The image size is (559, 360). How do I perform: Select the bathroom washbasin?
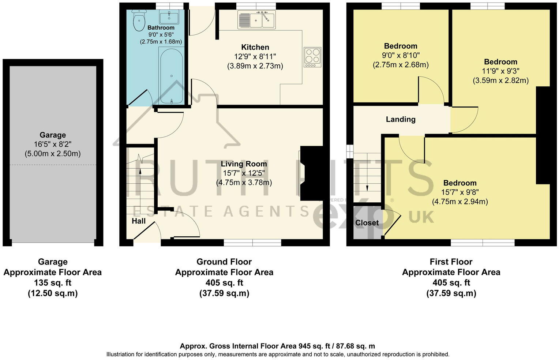(169, 17)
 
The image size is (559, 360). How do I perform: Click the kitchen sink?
(256, 19)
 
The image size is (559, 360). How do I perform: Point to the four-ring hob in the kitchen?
(312, 57)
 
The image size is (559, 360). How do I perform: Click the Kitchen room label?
(255, 47)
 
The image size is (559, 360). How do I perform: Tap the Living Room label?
(244, 164)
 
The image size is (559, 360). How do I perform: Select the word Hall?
(139, 221)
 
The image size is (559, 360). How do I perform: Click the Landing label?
(401, 119)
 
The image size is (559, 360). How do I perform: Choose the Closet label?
(367, 223)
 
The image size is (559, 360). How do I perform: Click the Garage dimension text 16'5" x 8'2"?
(53, 145)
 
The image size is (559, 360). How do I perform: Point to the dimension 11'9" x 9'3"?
(500, 71)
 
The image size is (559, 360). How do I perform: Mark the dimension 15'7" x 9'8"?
(460, 192)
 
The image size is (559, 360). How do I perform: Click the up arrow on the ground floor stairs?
(140, 170)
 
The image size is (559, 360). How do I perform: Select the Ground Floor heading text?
(224, 262)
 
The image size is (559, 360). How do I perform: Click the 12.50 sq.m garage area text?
(53, 293)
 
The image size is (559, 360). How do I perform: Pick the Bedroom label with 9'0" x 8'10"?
(400, 46)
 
